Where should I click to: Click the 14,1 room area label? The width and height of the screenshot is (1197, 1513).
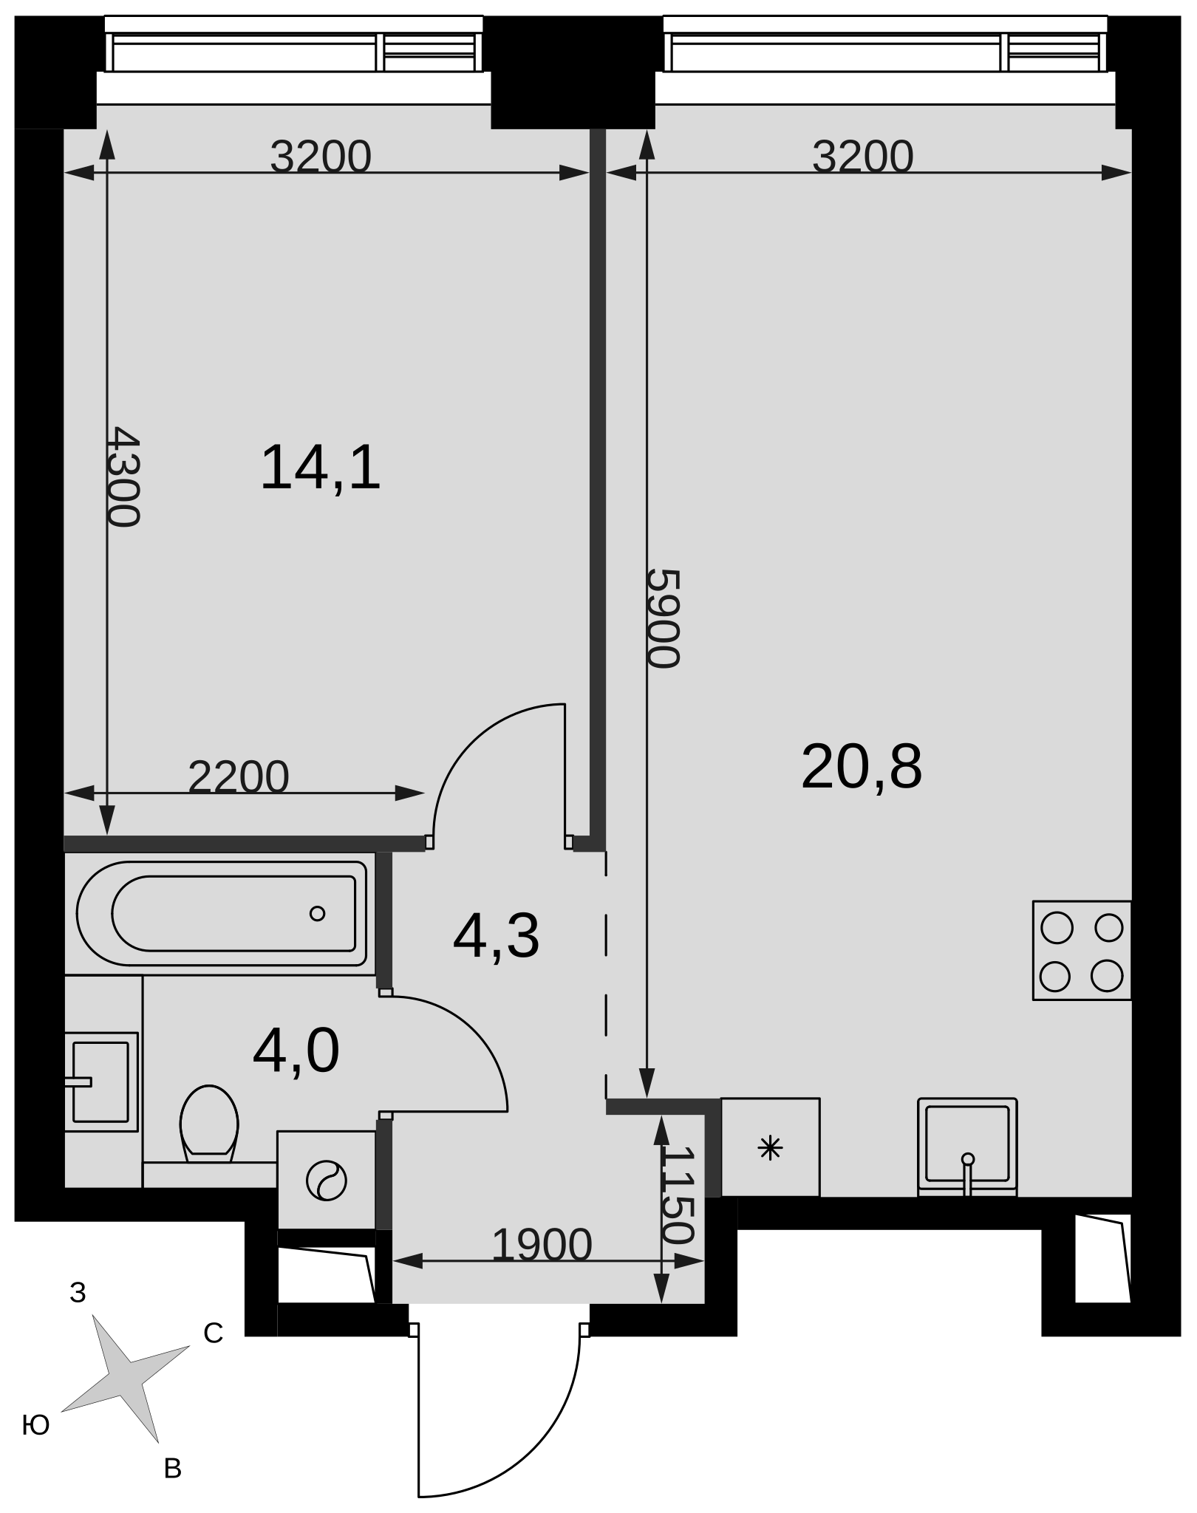point(321,468)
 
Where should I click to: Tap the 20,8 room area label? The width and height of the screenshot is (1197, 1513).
point(862,767)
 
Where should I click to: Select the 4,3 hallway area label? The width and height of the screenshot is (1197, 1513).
point(497,937)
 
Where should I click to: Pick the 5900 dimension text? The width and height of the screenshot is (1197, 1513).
point(663,618)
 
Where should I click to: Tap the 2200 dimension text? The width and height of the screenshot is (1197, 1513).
point(239,776)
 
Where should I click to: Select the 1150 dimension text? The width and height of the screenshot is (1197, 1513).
point(678,1195)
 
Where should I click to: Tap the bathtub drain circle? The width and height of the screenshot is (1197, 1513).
point(318,914)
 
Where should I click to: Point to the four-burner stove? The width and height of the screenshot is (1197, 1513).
point(1082,950)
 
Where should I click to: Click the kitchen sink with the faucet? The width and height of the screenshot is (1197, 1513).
point(967,1146)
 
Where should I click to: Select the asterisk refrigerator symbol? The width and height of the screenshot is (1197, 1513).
point(771,1148)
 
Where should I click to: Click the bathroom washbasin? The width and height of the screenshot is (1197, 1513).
point(101,1082)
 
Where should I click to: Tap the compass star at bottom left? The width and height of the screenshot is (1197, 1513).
point(124,1379)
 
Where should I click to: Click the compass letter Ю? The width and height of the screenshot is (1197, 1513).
point(35,1425)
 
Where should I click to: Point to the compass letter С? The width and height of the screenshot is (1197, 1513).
point(214,1333)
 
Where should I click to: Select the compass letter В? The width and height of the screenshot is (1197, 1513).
point(172,1469)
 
